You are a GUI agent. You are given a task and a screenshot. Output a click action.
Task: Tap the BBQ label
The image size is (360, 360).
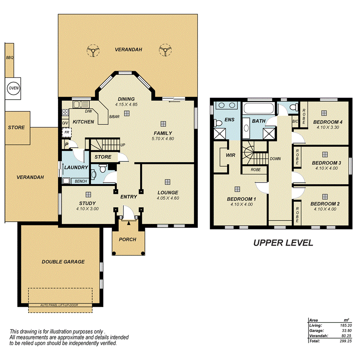coord(9,58)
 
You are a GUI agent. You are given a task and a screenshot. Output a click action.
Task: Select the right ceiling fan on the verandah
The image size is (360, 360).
coord(165,50)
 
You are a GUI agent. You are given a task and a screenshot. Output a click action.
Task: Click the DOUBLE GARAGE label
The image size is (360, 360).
coord(63,262)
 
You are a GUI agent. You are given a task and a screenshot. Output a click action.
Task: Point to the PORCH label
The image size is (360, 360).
coord(127,239)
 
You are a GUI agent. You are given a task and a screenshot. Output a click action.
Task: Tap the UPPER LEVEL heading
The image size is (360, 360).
coord(283,243)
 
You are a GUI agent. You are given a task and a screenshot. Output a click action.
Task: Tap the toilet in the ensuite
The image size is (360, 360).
coord(218,123)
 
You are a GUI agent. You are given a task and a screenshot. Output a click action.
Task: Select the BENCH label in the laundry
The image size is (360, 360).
coord(80,181)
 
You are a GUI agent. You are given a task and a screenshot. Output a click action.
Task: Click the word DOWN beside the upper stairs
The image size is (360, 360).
coord(275,159)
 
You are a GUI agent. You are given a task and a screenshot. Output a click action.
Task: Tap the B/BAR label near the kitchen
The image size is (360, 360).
coord(114,116)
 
